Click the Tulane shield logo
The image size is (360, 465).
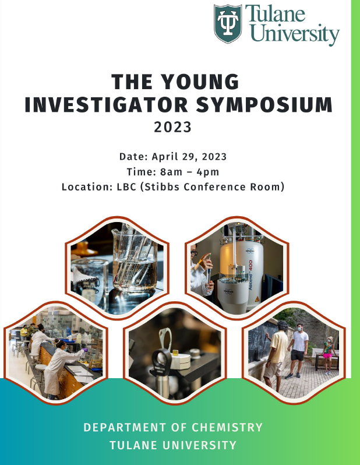(x=228, y=23)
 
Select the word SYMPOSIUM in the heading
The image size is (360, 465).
(x=264, y=104)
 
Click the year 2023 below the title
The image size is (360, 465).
(x=172, y=127)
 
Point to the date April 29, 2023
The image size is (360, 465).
(x=189, y=157)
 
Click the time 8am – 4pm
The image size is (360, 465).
(x=189, y=172)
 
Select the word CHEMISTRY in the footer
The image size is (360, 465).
(x=227, y=427)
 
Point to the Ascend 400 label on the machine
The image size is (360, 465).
(x=250, y=275)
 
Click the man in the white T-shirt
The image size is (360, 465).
(x=298, y=351)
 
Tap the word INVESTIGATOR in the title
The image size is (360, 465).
(x=106, y=104)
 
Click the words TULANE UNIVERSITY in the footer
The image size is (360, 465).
(x=173, y=445)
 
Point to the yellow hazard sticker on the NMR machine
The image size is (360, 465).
(x=257, y=298)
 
